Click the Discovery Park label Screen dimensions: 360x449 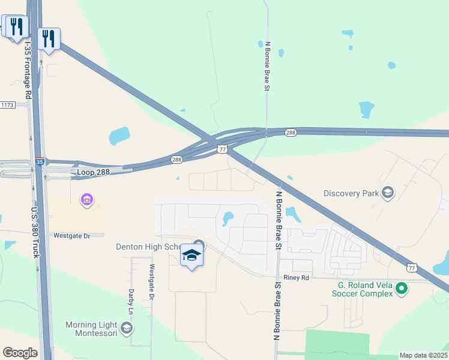[x=351, y=193]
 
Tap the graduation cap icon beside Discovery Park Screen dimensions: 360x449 [x=388, y=193]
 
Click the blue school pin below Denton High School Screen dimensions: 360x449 [x=191, y=256]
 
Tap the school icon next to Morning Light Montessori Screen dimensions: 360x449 [x=126, y=328]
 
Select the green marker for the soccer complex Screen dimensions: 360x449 [x=402, y=290]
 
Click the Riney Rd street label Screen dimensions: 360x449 [x=297, y=278]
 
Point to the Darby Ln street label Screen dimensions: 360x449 [x=130, y=303]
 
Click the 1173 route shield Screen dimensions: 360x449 [x=7, y=105]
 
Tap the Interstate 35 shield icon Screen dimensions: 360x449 [x=39, y=161]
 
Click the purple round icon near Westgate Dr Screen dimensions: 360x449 [x=86, y=199]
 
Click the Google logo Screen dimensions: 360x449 [x=20, y=353]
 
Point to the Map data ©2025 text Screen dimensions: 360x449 [x=423, y=355]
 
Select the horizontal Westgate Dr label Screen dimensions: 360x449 [x=71, y=236]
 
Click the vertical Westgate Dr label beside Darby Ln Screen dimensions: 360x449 [x=152, y=282]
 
